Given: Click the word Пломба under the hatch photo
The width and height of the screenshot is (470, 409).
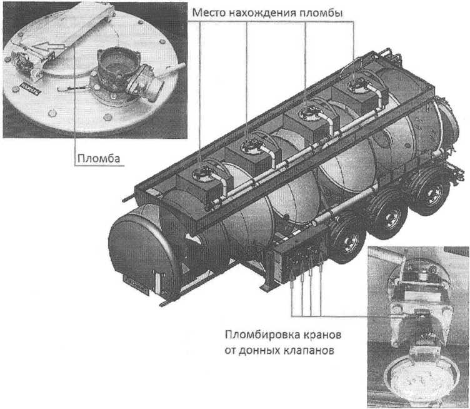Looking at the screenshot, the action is pyautogui.click(x=99, y=158).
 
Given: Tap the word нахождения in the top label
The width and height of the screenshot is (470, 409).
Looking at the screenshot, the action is pyautogui.click(x=257, y=13).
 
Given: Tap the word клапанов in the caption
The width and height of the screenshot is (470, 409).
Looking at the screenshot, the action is pyautogui.click(x=307, y=351).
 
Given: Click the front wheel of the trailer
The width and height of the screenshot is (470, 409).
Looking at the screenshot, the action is pyautogui.click(x=347, y=242).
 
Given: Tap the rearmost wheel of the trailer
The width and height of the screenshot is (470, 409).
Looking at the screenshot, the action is pyautogui.click(x=431, y=191).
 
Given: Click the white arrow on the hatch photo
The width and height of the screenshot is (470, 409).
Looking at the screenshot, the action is pyautogui.click(x=48, y=46).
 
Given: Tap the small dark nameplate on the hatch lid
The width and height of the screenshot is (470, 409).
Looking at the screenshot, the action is pyautogui.click(x=31, y=88).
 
